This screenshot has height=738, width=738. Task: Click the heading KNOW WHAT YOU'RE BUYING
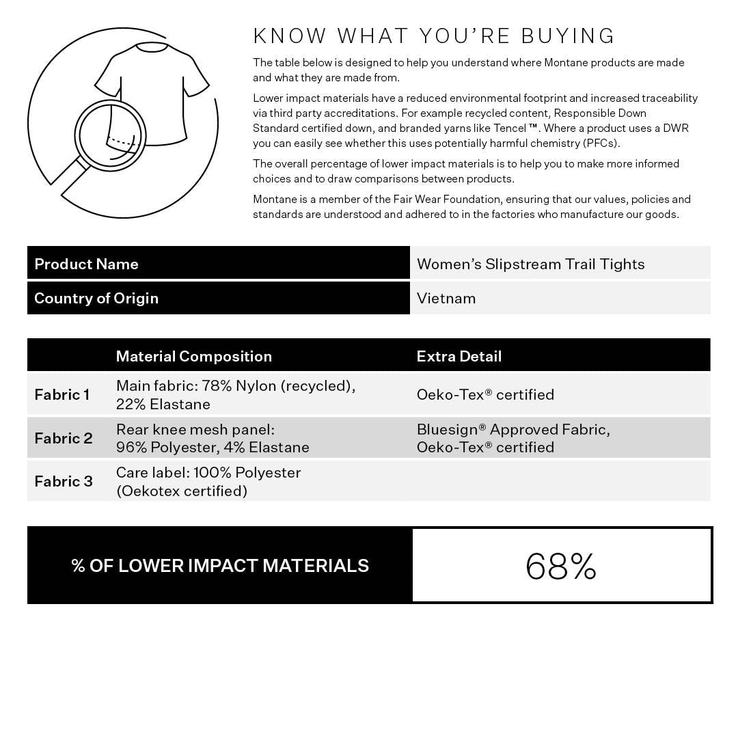click(434, 36)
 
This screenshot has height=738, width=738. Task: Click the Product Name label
click(86, 264)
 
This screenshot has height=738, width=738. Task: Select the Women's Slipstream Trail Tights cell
click(530, 264)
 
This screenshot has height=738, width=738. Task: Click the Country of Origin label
click(96, 298)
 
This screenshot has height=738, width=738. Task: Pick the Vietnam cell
click(446, 298)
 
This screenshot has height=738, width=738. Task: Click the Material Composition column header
click(194, 356)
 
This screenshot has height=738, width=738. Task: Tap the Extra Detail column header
click(459, 356)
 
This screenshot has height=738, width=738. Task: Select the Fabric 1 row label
click(62, 394)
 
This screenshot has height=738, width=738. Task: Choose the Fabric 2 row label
click(64, 438)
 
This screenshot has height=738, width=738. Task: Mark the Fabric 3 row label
click(64, 481)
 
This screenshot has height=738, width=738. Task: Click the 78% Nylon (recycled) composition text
click(278, 386)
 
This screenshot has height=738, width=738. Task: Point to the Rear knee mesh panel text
click(195, 430)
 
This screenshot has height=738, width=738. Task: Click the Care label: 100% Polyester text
click(208, 473)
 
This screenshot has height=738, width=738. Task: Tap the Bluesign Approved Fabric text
click(513, 430)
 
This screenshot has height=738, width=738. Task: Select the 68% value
click(561, 566)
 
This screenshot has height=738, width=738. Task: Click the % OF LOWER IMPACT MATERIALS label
click(220, 566)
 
